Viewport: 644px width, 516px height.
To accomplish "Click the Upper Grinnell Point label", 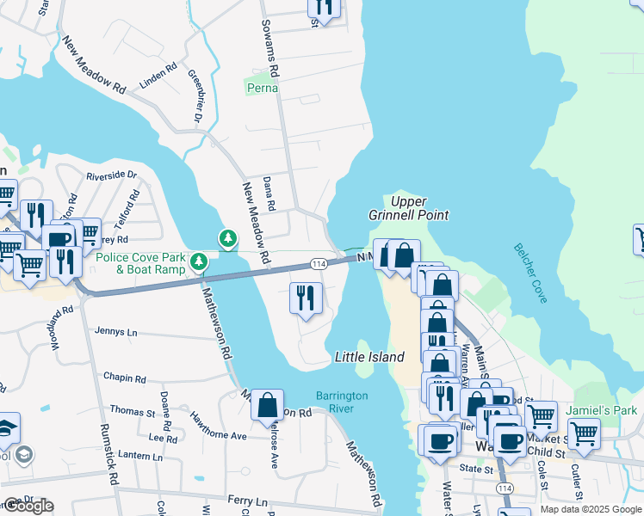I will (x=420, y=207).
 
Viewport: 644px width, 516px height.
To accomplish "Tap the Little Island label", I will (x=368, y=357).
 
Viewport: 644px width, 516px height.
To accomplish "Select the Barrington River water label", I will (x=342, y=402).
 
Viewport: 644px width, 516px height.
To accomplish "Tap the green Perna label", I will (x=263, y=88).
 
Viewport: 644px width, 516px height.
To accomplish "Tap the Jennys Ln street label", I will (x=117, y=332).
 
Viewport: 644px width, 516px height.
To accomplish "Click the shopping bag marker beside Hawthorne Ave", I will (x=267, y=404).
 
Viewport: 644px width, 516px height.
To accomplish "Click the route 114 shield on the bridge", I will (x=318, y=263).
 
